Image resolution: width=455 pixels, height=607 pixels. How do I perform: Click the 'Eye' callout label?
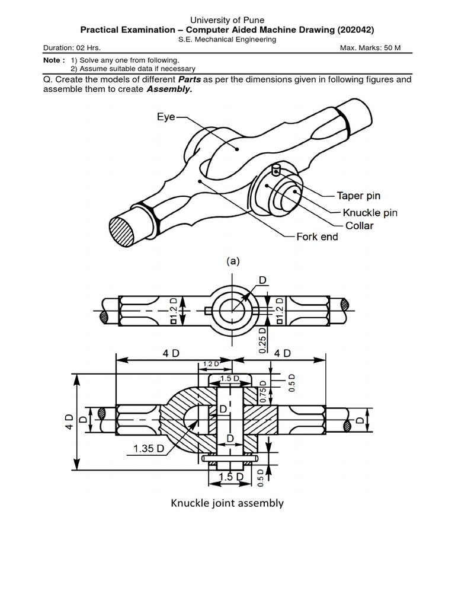(166, 117)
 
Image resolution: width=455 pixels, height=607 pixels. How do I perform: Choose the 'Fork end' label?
(317, 237)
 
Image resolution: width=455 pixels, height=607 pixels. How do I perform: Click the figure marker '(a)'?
(232, 261)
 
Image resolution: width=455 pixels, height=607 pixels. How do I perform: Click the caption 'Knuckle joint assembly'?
(227, 503)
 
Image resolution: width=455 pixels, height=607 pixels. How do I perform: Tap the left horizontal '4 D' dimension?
(171, 353)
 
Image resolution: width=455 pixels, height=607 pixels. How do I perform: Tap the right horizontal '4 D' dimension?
(282, 353)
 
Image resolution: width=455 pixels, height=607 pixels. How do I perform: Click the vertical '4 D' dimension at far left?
(69, 422)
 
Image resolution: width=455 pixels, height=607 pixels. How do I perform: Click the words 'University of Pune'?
(227, 20)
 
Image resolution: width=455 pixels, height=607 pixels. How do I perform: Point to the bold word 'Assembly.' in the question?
(169, 90)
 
